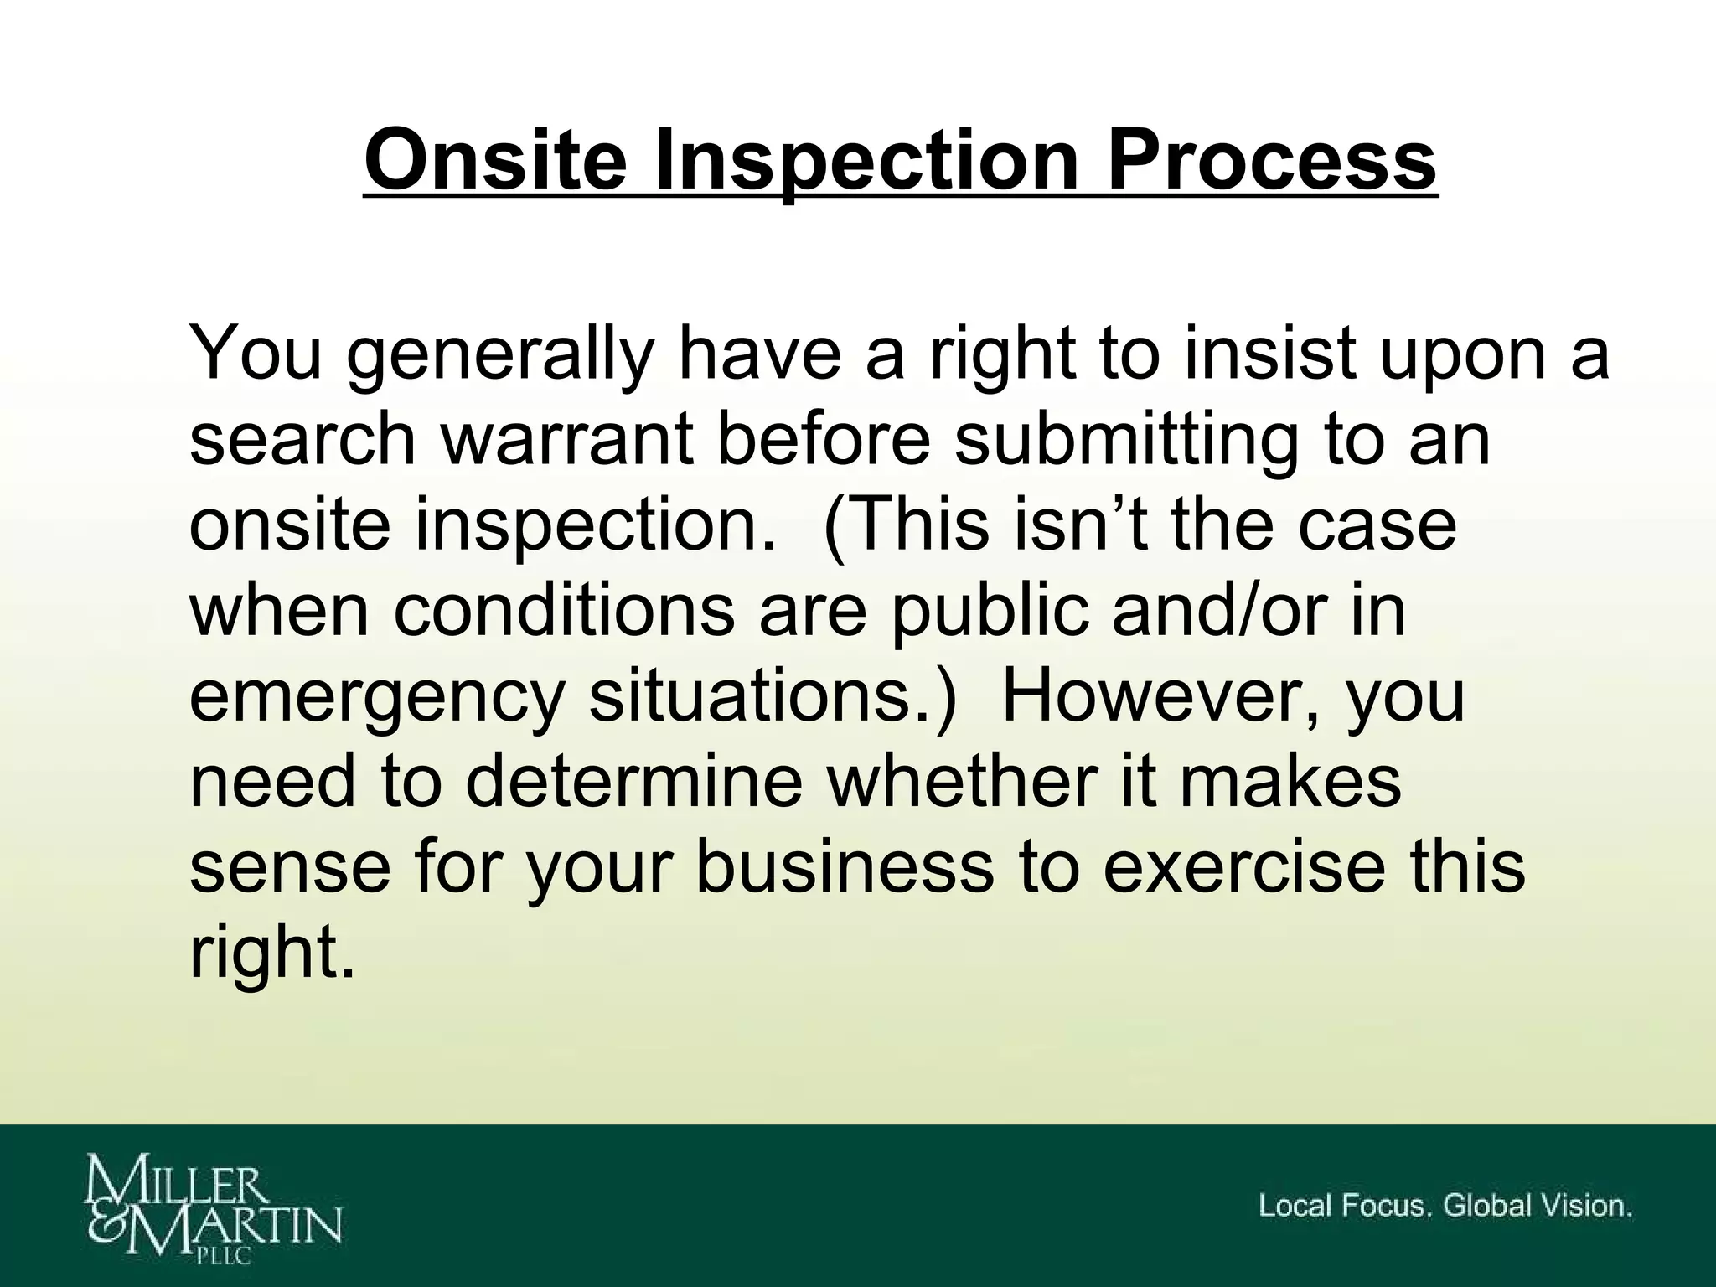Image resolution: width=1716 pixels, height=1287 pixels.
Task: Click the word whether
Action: tap(964, 783)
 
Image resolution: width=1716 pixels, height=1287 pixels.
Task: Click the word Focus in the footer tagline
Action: tap(1383, 1206)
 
